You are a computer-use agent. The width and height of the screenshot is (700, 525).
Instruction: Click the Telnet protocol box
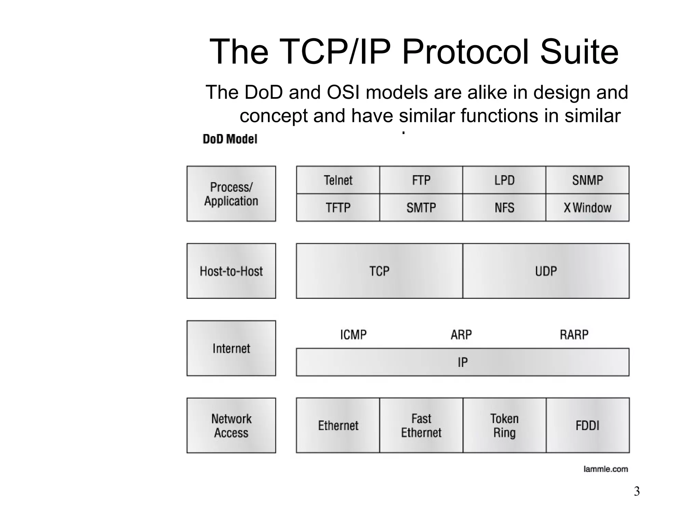(x=338, y=180)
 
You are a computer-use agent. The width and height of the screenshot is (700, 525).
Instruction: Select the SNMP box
(x=587, y=180)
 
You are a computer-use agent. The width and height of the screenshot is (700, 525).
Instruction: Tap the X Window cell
(x=587, y=207)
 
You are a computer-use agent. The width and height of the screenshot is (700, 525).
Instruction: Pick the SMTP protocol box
(x=421, y=207)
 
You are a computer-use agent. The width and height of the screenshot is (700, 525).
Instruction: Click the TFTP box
(x=338, y=207)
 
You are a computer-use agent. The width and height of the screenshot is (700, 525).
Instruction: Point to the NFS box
(x=504, y=207)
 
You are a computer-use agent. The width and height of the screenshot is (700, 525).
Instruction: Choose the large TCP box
(x=379, y=271)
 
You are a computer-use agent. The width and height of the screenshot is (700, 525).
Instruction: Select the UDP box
(x=546, y=271)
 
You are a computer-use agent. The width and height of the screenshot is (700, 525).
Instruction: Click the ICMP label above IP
(x=353, y=335)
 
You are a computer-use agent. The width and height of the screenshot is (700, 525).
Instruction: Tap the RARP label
(x=574, y=335)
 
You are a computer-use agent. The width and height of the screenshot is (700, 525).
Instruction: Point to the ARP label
(x=461, y=335)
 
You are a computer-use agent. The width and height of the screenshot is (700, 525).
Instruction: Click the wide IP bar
(x=462, y=362)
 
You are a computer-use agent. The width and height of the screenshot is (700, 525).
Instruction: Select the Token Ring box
(x=504, y=426)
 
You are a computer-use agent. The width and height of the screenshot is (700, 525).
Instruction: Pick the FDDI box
(x=588, y=426)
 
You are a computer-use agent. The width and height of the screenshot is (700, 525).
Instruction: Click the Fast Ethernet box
(x=421, y=426)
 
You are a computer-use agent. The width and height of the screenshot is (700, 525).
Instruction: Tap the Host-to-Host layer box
(x=231, y=271)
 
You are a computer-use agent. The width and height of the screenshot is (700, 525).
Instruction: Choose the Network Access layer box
(x=231, y=426)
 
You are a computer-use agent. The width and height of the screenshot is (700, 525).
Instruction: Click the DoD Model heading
(x=230, y=139)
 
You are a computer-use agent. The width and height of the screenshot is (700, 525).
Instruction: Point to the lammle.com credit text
(x=605, y=469)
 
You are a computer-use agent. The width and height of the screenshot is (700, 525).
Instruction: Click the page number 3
(x=636, y=492)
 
